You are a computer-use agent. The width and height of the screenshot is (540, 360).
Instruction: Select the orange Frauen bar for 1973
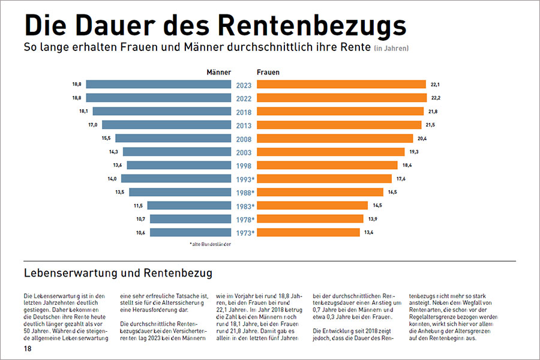[x=308, y=233]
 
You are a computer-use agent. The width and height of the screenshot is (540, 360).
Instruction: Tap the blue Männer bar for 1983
[x=189, y=206]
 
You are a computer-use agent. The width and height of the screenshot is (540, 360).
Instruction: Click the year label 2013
[x=244, y=125]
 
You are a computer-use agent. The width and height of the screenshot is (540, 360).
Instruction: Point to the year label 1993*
[x=244, y=179]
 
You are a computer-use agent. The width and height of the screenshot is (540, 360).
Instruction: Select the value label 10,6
[x=140, y=233]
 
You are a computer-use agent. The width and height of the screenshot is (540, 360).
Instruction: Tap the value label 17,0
[x=92, y=125]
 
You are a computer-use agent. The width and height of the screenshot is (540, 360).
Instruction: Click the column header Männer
[x=218, y=72]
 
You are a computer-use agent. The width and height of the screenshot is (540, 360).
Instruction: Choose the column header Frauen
[x=268, y=72]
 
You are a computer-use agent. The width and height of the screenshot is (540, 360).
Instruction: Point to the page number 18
[x=28, y=349]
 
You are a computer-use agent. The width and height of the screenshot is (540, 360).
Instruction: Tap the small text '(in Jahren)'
[x=392, y=48]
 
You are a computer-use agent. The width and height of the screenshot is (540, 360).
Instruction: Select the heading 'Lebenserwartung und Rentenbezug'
[x=118, y=274]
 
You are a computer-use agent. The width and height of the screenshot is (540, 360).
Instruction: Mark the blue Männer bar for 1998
[x=179, y=166]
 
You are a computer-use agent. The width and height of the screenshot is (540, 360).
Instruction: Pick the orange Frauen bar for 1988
[x=320, y=193]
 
